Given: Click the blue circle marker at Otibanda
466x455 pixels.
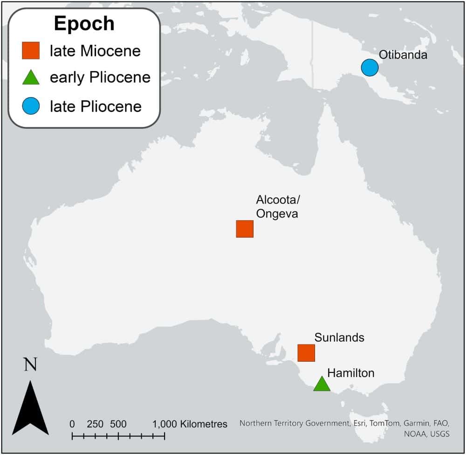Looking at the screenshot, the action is (370, 68).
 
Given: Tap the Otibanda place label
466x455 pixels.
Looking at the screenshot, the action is (403, 55).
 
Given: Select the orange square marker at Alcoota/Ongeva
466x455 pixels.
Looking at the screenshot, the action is (245, 229).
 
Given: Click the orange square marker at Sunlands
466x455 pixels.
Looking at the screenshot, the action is (306, 353).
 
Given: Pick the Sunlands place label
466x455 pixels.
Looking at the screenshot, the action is (339, 337).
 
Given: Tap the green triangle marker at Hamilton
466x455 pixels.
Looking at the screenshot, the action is (322, 384).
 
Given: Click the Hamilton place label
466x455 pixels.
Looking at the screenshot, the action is (351, 372).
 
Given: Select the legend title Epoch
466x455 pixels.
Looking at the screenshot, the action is (84, 23).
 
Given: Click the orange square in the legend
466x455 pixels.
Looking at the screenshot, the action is (31, 50).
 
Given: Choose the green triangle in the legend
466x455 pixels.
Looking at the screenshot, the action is (31, 77).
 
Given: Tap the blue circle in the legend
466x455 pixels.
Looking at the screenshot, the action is (31, 106).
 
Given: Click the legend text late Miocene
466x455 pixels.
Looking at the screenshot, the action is (95, 50).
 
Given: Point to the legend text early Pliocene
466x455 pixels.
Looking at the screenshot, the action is (100, 77).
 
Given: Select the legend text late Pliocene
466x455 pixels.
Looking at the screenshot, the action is (96, 106).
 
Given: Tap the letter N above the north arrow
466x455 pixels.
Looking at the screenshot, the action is (30, 364).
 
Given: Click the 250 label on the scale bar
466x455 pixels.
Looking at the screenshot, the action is (95, 424).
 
